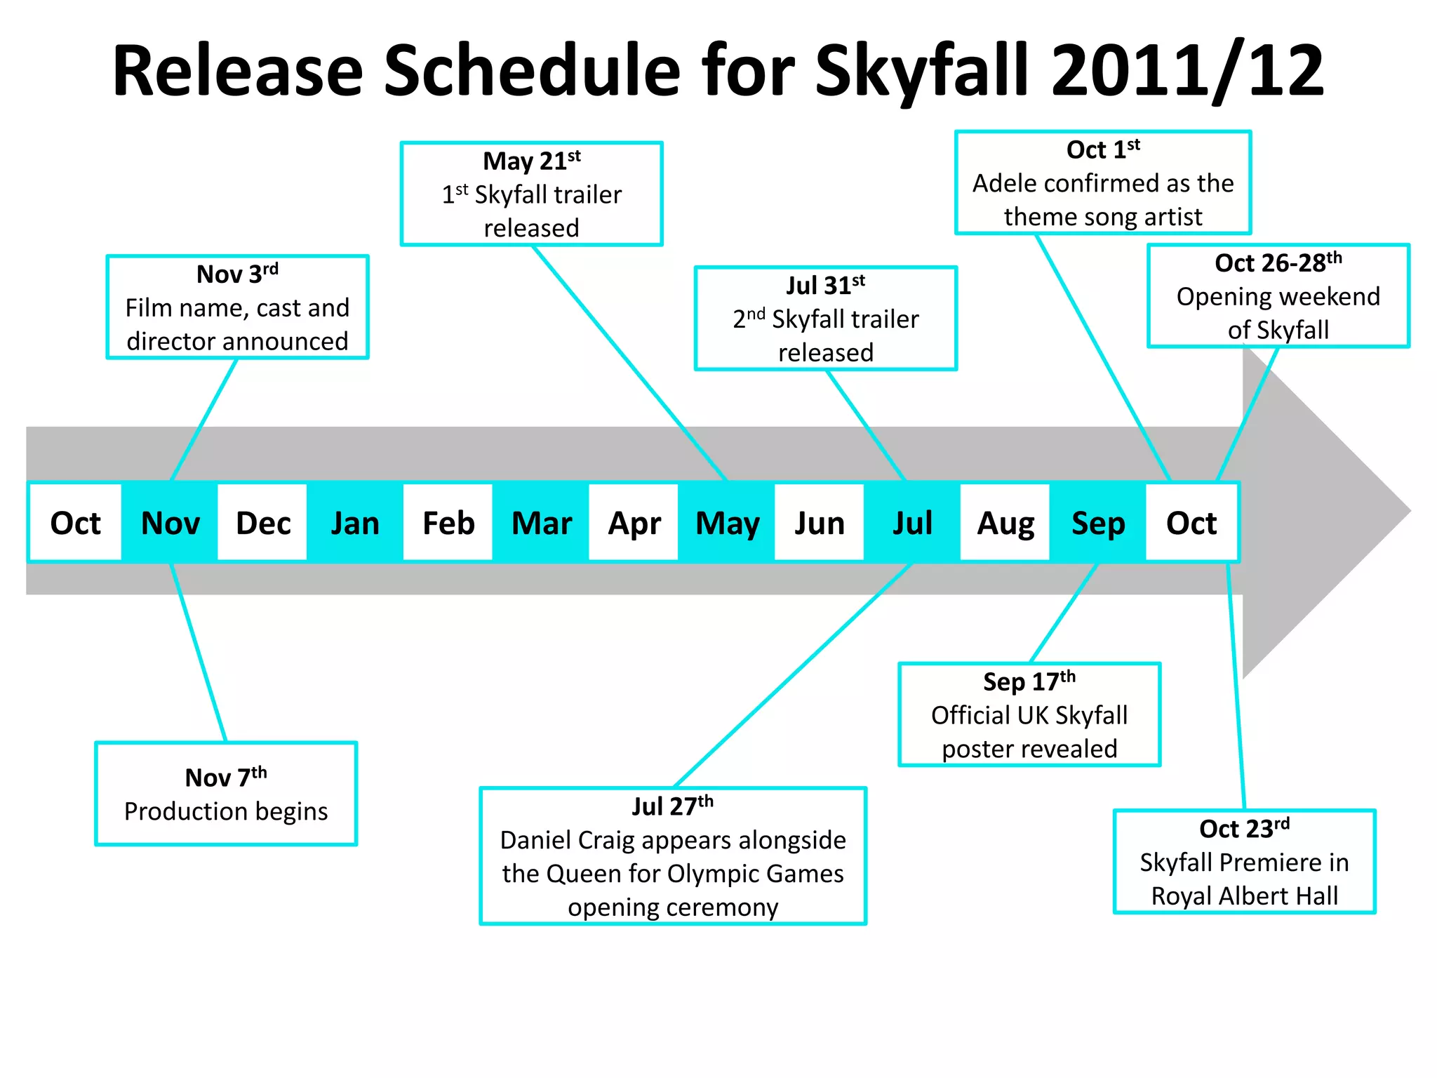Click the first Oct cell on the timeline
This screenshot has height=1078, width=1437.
75,523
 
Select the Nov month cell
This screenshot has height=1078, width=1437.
170,523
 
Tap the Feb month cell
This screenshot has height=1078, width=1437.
448,523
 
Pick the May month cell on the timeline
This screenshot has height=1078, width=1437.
727,523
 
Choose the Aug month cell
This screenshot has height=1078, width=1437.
1005,523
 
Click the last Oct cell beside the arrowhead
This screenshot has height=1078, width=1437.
1191,523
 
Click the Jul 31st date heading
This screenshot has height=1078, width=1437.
825,286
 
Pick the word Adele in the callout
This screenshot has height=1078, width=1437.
1005,184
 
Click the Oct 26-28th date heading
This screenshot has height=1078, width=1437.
1278,263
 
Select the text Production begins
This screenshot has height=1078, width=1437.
226,811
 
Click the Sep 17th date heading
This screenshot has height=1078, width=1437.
1029,681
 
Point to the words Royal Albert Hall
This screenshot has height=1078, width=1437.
1244,896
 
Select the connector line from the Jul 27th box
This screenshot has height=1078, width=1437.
793,675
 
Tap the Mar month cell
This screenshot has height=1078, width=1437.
541,523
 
